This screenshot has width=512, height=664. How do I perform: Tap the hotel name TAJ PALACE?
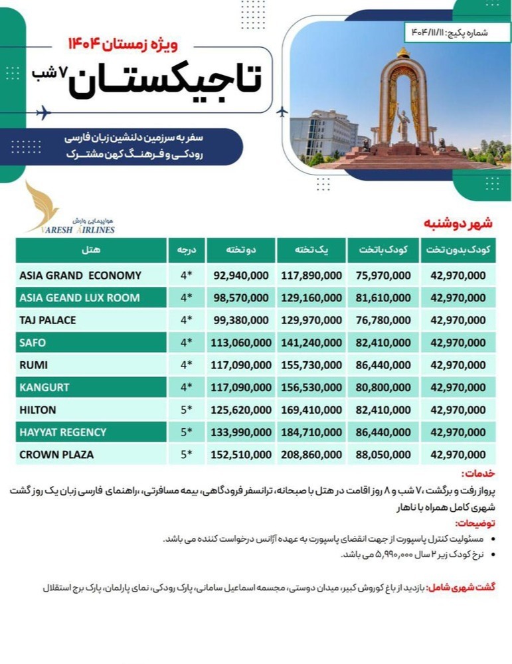pyautogui.click(x=48, y=320)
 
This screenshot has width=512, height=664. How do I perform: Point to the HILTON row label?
pyautogui.click(x=38, y=410)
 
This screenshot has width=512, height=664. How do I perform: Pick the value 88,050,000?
pyautogui.click(x=383, y=455)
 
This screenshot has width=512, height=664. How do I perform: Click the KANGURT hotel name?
pyautogui.click(x=44, y=387)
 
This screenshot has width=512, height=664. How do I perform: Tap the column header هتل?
pyautogui.click(x=91, y=250)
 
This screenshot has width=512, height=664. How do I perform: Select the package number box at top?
pyautogui.click(x=455, y=31)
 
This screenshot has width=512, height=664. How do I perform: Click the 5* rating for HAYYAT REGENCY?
pyautogui.click(x=186, y=432)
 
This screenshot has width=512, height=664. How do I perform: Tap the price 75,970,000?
pyautogui.click(x=383, y=276)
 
